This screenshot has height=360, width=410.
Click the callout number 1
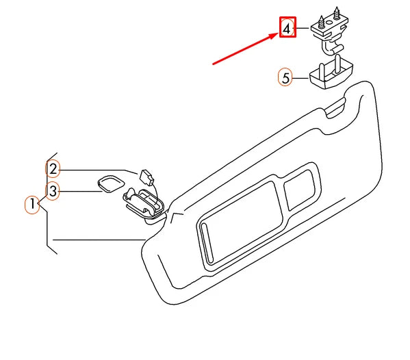pyautogui.click(x=31, y=204)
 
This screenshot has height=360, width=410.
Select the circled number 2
pyautogui.click(x=53, y=168)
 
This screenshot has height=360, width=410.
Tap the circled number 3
pyautogui.click(x=53, y=190)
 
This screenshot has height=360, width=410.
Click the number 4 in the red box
pyautogui.click(x=287, y=27)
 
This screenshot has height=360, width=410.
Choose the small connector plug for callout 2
pyautogui.click(x=145, y=176)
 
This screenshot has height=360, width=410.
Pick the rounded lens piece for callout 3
pyautogui.click(x=110, y=183)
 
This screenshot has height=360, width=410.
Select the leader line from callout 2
pyautogui.click(x=96, y=169)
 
